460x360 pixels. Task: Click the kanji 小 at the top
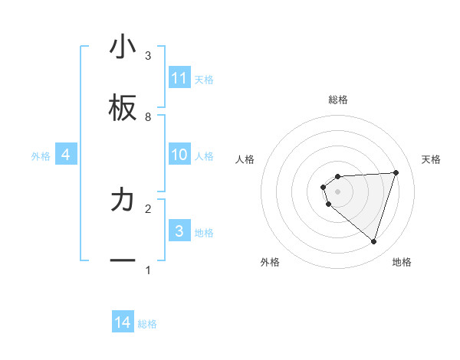click(123, 47)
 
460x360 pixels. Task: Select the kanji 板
click(123, 109)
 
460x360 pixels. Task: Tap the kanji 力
click(123, 201)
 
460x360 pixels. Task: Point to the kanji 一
click(123, 261)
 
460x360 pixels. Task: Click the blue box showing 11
click(179, 78)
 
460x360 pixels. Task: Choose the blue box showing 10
click(179, 155)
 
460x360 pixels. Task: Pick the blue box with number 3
click(179, 231)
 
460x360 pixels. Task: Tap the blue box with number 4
click(66, 155)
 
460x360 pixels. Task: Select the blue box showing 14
click(123, 322)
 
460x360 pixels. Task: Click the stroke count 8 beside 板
click(148, 117)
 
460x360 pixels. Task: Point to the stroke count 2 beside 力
click(148, 208)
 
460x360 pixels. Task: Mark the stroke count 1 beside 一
click(148, 270)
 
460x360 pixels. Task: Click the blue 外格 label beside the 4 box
click(41, 155)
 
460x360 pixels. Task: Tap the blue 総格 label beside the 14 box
click(147, 324)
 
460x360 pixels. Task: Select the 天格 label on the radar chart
click(432, 159)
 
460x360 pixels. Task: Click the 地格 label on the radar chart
click(402, 262)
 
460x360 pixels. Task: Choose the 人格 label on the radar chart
click(245, 159)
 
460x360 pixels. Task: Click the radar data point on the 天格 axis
click(396, 172)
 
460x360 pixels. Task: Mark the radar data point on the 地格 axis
click(373, 241)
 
